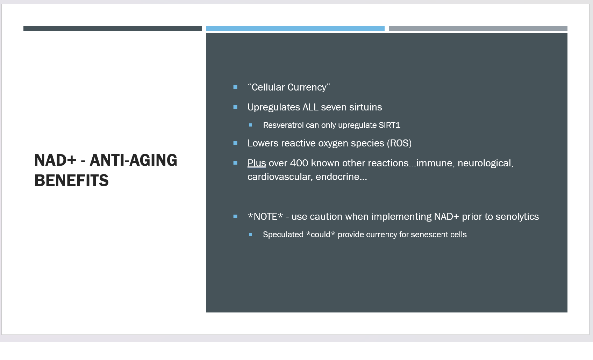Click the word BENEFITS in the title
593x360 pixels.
[x=71, y=180]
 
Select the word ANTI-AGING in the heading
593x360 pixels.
[x=134, y=160]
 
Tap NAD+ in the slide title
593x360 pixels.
[x=55, y=160]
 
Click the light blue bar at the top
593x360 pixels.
[x=295, y=29]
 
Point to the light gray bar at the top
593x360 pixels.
[x=478, y=29]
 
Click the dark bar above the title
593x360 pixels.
[x=113, y=29]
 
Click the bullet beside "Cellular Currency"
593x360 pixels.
[x=235, y=87]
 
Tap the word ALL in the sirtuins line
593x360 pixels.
[x=310, y=107]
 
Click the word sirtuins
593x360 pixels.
[x=365, y=107]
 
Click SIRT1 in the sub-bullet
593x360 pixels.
[x=390, y=125]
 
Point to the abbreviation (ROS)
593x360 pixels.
[x=399, y=143]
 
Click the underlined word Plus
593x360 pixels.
[x=257, y=163]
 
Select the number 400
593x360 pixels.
[x=299, y=163]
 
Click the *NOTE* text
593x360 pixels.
[x=265, y=217]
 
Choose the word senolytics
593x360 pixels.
[x=517, y=217]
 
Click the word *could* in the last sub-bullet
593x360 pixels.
[x=320, y=235]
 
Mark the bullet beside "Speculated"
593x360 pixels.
[x=251, y=234]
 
